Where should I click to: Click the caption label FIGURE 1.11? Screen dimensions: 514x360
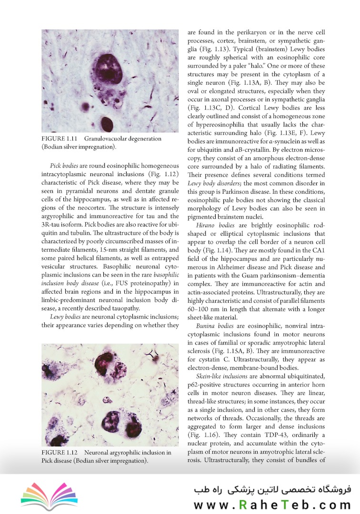tap(59, 138)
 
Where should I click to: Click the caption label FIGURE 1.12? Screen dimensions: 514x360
tap(59, 452)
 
